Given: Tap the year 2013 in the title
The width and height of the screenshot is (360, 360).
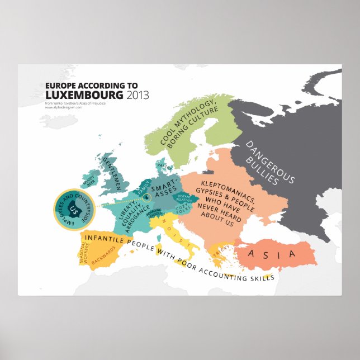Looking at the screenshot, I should coord(138,94).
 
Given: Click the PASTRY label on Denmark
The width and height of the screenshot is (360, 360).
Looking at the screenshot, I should coord(162,166).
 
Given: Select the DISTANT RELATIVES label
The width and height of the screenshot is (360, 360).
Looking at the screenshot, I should coord(185,198).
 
